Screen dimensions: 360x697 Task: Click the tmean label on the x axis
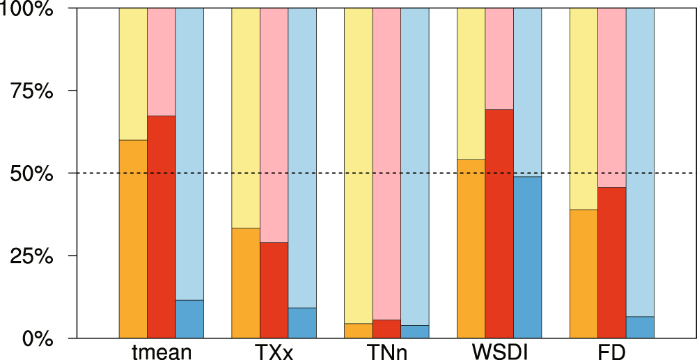click(162, 352)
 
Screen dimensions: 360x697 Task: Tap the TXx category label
click(274, 352)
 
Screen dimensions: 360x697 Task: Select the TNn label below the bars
click(386, 352)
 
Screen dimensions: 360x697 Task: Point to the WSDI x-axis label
click(499, 352)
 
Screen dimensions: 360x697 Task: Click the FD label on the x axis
click(612, 352)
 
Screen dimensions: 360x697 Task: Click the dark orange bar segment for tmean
click(133, 239)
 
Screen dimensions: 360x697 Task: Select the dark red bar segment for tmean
click(162, 227)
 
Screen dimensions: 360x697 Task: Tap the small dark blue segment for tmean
click(189, 319)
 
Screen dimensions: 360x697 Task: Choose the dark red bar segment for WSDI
click(499, 224)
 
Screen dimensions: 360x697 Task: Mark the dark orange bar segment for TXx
click(246, 283)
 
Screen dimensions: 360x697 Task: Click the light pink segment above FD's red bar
click(612, 97)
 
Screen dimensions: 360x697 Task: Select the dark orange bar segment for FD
click(584, 274)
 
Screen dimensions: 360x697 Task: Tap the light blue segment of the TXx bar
click(302, 157)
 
